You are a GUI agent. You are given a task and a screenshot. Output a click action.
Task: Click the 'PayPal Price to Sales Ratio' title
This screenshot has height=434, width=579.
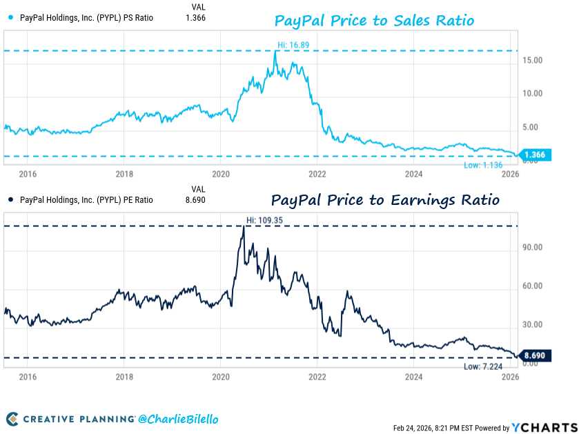tap(374, 21)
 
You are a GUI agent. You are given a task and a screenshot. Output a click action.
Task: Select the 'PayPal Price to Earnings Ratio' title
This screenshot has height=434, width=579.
tap(385, 200)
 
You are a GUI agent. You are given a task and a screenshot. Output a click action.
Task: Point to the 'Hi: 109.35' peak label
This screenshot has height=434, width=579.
tap(264, 221)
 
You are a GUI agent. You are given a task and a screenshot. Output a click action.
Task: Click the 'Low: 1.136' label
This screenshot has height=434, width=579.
tap(482, 166)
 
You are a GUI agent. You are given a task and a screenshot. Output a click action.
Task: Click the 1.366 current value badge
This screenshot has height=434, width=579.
tap(534, 155)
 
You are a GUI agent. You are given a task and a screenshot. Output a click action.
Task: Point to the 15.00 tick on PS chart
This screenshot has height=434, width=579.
tap(533, 61)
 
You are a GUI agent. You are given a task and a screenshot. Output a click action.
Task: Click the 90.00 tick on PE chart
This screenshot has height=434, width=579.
tap(533, 247)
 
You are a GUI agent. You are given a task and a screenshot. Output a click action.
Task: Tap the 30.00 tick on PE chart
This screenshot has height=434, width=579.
tap(533, 325)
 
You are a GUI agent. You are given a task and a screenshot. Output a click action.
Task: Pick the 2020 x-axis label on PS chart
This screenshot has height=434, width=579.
tap(220, 175)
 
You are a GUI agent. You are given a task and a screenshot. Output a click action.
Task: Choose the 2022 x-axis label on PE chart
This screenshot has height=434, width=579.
tap(317, 377)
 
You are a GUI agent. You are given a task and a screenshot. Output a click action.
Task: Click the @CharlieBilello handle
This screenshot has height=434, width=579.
tap(178, 419)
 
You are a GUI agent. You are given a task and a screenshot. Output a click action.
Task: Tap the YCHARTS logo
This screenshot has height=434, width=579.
tap(544, 426)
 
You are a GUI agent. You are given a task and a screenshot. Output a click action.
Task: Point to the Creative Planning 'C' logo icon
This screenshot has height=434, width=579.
tap(12, 419)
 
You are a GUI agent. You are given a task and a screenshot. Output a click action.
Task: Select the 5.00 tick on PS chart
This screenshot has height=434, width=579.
tap(534, 127)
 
